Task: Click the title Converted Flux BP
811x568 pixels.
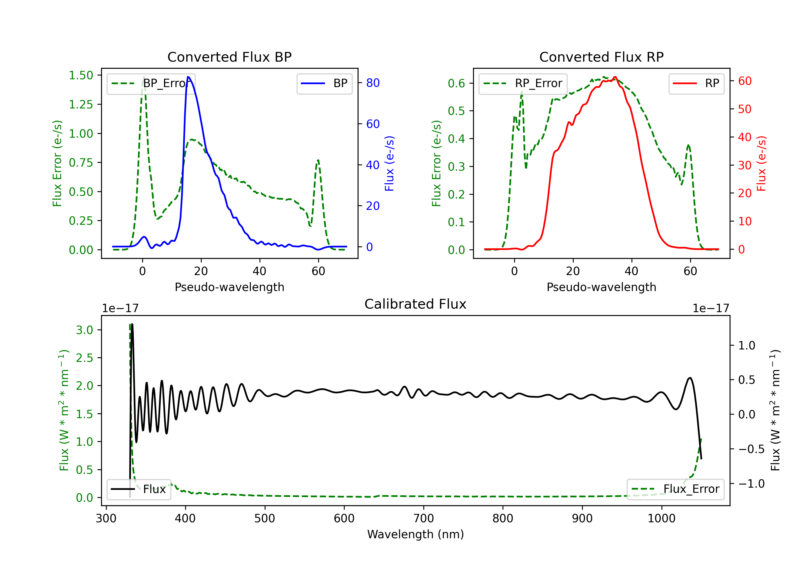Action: [x=229, y=57]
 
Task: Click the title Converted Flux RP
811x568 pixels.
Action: [x=601, y=57]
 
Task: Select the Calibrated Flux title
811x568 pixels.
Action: [x=416, y=304]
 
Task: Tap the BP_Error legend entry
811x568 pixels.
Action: [x=151, y=83]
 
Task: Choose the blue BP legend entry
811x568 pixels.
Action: [x=324, y=83]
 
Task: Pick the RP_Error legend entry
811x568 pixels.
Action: [x=523, y=83]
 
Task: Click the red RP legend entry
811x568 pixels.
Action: [x=696, y=83]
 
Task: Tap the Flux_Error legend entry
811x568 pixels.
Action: [x=675, y=489]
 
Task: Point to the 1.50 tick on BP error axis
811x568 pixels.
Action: [x=81, y=75]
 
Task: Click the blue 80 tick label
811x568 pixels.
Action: [x=373, y=83]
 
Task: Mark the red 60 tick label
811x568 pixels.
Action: [x=744, y=81]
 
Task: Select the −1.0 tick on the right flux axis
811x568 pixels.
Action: [x=751, y=484]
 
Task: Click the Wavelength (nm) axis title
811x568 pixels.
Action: [x=416, y=534]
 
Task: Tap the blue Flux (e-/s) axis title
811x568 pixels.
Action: [x=389, y=163]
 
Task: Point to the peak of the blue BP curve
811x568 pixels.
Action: [x=188, y=77]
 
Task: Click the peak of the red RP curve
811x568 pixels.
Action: [x=615, y=77]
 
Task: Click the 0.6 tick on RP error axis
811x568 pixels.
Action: [x=456, y=83]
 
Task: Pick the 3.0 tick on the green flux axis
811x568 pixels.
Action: [x=84, y=330]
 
